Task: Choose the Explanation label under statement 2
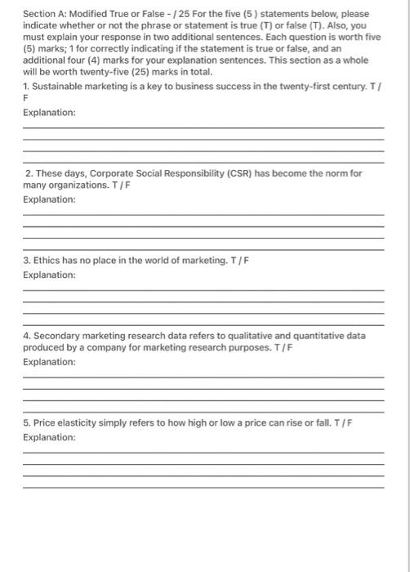[x=49, y=199]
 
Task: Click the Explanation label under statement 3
[x=49, y=275]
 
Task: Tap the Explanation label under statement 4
[x=49, y=361]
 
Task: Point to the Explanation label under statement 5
[x=49, y=437]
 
